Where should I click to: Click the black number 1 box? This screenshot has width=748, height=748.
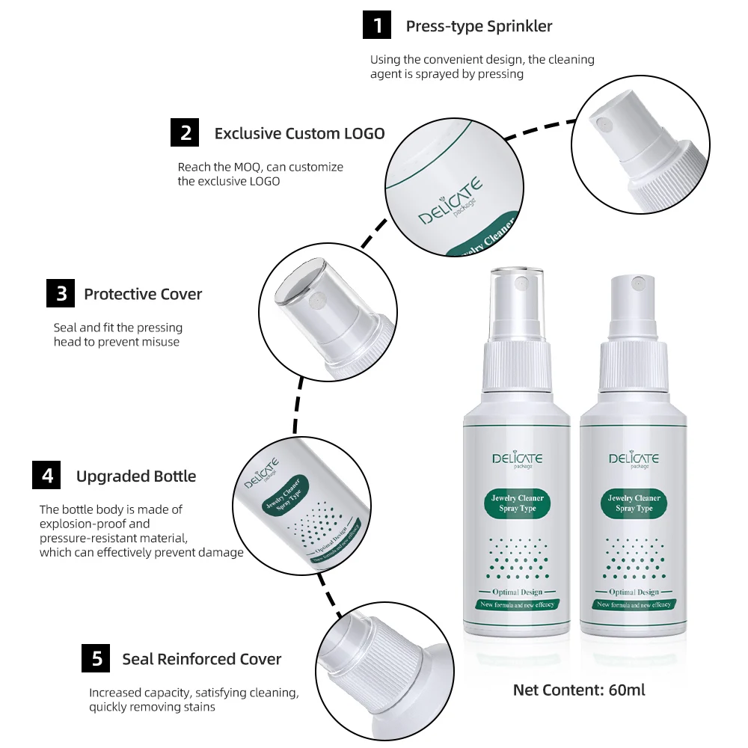(378, 26)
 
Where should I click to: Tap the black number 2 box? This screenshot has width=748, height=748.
(186, 133)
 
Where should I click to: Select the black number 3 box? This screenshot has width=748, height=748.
(61, 294)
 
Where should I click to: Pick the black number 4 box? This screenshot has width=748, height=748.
(47, 476)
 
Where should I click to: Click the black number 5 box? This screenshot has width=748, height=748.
(96, 659)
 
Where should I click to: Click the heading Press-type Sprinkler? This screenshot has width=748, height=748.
(479, 26)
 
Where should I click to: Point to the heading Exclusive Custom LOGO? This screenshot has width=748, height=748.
(299, 133)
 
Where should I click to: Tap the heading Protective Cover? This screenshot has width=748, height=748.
(143, 294)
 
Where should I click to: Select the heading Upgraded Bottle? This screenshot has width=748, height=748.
(136, 476)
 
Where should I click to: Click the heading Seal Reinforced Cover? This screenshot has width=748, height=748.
(202, 659)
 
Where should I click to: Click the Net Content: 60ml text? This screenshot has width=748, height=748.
(578, 690)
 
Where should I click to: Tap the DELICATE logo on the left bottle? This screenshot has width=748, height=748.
(518, 459)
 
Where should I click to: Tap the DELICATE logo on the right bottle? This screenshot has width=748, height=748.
(634, 459)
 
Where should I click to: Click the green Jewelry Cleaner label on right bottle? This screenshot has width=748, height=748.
(634, 503)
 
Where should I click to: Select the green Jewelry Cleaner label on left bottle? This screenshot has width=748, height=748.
(518, 503)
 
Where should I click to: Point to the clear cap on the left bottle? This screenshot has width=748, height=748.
(518, 303)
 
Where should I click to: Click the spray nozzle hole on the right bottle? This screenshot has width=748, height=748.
(638, 285)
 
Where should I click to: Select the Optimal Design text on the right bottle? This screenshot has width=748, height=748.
(634, 592)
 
